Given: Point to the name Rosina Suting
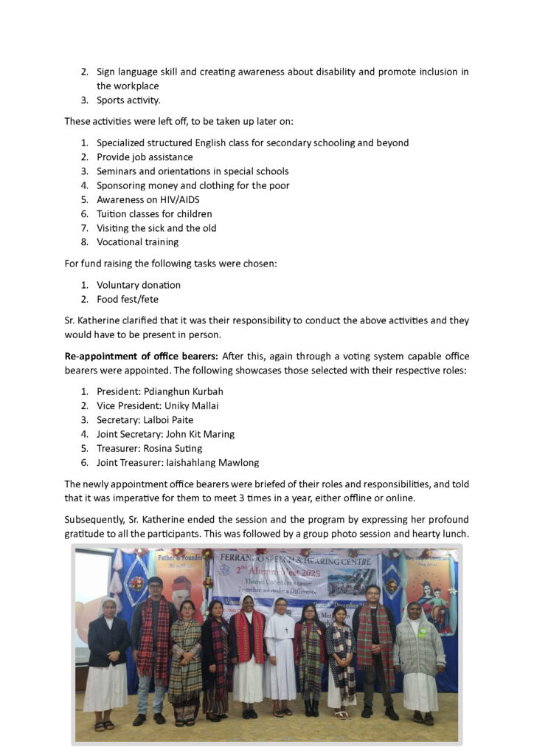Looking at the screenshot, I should click(x=172, y=448).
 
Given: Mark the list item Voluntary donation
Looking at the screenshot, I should click(x=139, y=285).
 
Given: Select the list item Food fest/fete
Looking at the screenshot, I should click(x=128, y=299).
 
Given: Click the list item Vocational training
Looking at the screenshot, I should click(x=137, y=242).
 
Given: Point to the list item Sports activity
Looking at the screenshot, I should click(x=128, y=100).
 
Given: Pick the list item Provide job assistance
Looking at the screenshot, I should click(x=145, y=157).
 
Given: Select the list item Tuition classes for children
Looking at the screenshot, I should click(x=154, y=214).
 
